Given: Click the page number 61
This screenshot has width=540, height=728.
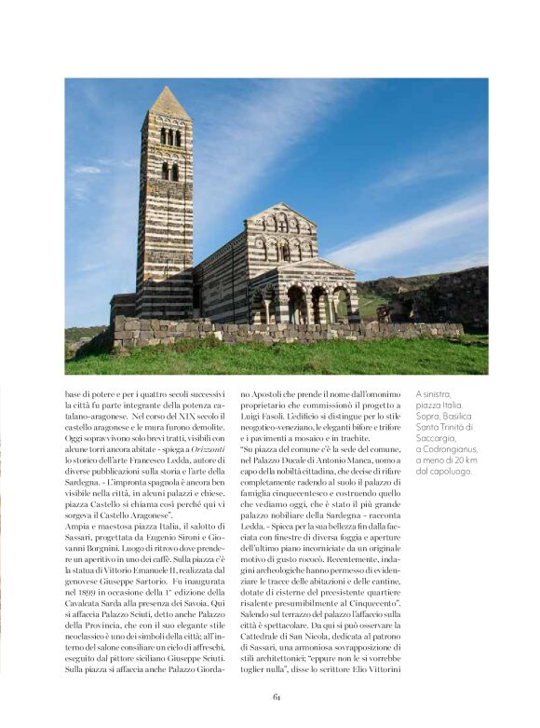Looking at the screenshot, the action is (277, 697).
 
